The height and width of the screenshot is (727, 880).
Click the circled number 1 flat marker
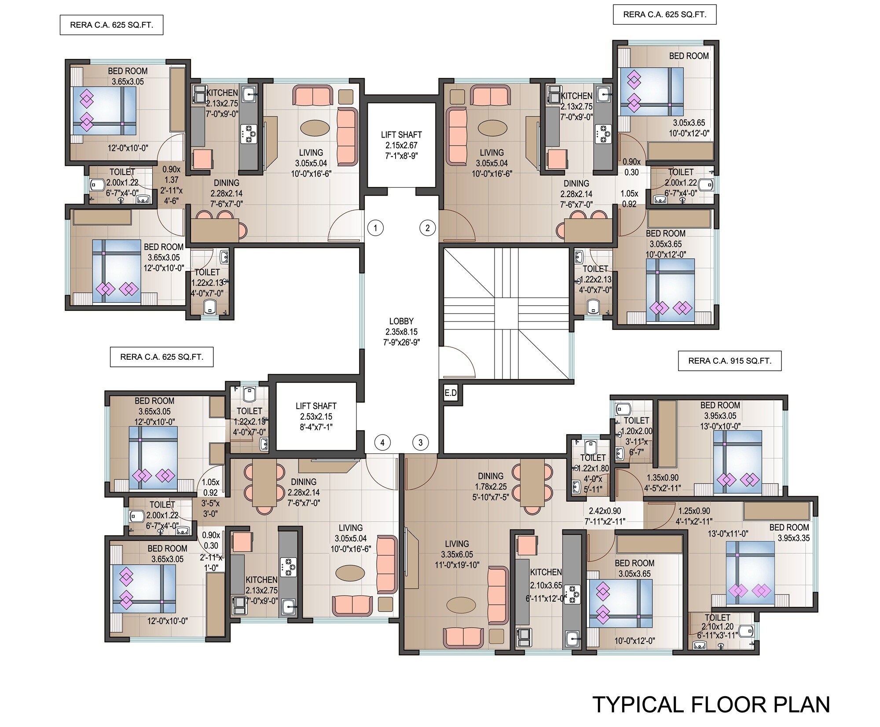click(x=375, y=228)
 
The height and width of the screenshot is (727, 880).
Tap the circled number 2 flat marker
click(x=427, y=228)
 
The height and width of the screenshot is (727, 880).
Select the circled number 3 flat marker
click(x=421, y=442)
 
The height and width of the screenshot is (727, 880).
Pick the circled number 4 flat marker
click(x=382, y=442)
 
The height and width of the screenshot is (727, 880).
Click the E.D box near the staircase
click(x=451, y=393)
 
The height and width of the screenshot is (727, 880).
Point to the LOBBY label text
click(x=401, y=321)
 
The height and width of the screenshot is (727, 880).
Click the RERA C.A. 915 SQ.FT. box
click(x=730, y=361)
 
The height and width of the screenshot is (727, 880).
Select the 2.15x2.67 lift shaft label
click(x=401, y=146)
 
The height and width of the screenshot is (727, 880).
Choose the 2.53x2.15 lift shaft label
click(x=316, y=416)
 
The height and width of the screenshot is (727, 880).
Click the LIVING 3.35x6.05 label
click(x=457, y=554)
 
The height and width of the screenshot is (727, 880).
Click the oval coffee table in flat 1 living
click(x=314, y=128)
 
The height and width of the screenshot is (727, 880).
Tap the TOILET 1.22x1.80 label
click(x=593, y=468)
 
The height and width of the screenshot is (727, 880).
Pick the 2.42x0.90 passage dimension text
click(x=605, y=511)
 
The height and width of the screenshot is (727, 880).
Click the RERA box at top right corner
click(x=664, y=15)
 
